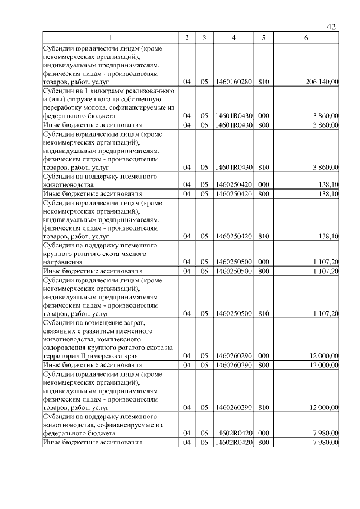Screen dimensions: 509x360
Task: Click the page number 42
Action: click(x=331, y=26)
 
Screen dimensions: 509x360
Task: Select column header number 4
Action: click(x=233, y=38)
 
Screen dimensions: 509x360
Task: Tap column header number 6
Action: click(x=305, y=38)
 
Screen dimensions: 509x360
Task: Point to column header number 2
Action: click(x=187, y=38)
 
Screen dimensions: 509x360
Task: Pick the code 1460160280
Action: click(x=233, y=82)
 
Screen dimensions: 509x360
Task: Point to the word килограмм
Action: click(x=96, y=91)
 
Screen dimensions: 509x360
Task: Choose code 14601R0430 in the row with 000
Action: click(x=233, y=115)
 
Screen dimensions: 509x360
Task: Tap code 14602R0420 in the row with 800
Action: click(x=233, y=443)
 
